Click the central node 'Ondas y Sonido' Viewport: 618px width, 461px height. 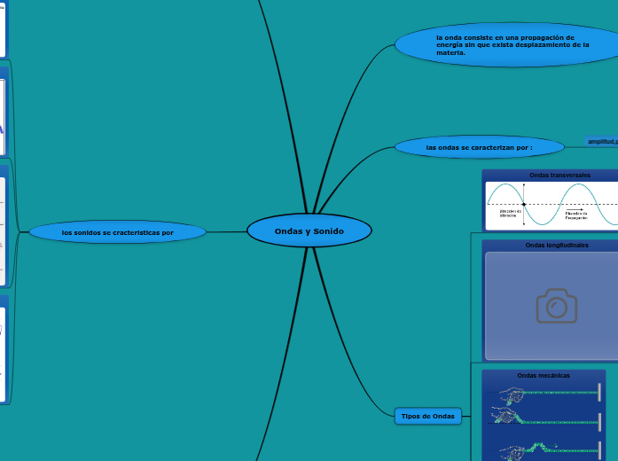[309, 230]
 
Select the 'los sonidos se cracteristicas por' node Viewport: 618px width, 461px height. [117, 232]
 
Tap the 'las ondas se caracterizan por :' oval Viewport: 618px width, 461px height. [479, 146]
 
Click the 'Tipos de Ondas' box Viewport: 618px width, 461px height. [427, 416]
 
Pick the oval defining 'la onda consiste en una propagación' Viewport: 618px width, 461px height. [505, 45]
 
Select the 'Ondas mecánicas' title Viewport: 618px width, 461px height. [544, 375]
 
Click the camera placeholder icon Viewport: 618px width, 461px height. [556, 306]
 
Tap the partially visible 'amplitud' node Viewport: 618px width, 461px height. [602, 141]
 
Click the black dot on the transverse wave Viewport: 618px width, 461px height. [524, 204]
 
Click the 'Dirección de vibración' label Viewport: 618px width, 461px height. [509, 214]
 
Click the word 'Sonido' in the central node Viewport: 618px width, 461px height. [327, 230]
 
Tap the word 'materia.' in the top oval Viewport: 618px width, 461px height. [450, 53]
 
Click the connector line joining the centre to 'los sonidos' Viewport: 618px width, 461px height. [227, 232]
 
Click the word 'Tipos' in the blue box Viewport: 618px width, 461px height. [411, 416]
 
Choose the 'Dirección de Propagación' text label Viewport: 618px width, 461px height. [575, 215]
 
